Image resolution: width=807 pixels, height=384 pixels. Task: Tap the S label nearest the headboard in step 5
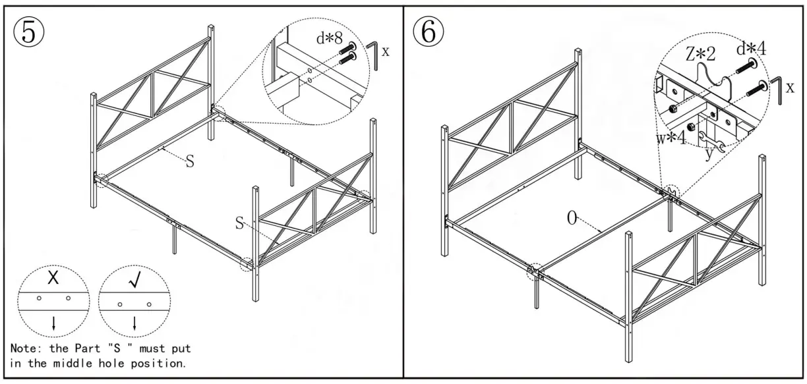[189, 161]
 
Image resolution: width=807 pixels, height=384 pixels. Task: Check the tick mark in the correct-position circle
[134, 280]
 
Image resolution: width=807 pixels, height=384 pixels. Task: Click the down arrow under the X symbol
[53, 323]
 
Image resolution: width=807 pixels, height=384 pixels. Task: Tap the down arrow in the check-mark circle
[134, 323]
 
